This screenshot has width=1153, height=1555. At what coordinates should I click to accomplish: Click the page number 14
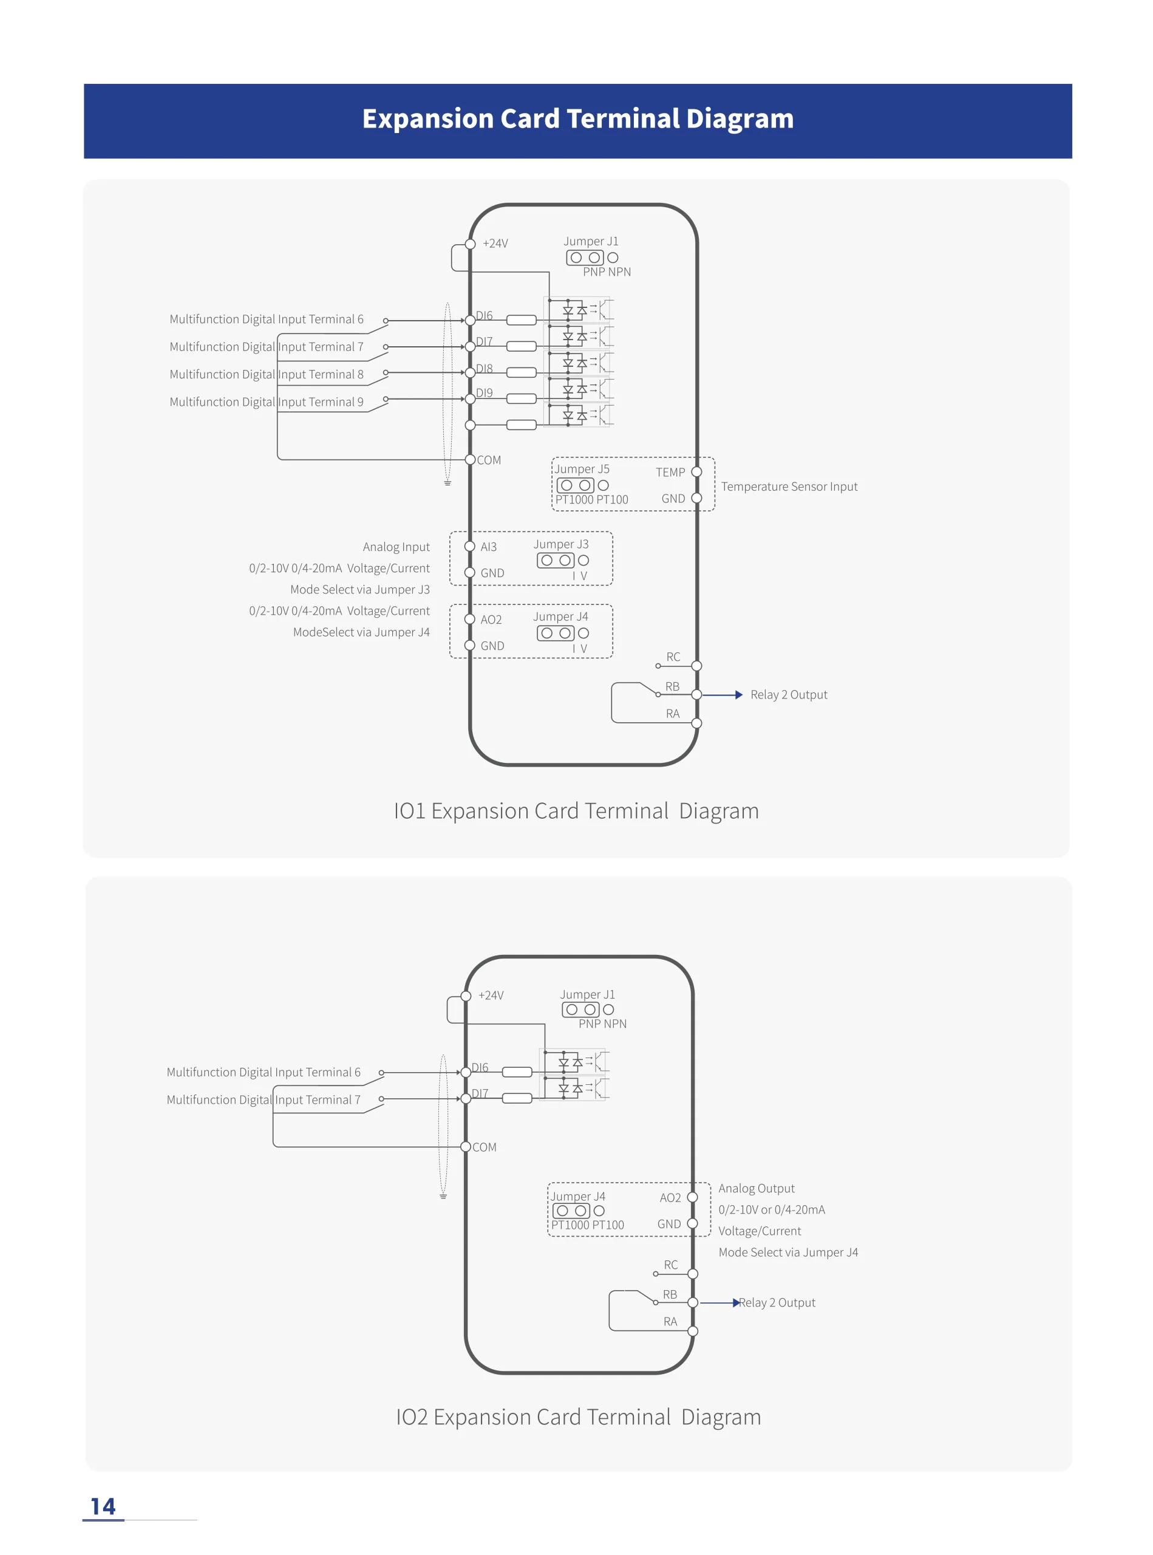tap(103, 1506)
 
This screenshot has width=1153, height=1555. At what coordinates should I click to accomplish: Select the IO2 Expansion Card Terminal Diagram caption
tap(578, 1417)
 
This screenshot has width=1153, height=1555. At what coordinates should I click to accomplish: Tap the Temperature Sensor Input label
tap(789, 487)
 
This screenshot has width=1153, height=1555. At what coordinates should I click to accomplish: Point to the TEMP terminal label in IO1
tap(670, 473)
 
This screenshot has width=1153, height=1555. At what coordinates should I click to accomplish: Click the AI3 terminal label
tap(489, 547)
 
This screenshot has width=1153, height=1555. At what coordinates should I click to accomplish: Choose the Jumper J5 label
tap(582, 469)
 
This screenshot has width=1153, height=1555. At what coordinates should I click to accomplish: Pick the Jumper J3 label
tap(561, 544)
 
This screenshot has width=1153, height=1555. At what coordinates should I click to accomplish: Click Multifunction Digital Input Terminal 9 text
tap(267, 402)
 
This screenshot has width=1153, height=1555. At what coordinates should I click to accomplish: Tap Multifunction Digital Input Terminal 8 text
tap(267, 374)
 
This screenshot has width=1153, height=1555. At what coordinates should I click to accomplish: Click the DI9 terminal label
tap(485, 393)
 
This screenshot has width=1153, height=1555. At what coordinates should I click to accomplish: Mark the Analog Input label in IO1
tap(396, 547)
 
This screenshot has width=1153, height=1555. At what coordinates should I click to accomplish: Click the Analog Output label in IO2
tap(757, 1188)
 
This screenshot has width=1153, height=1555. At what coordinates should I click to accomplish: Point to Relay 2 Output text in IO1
tap(789, 695)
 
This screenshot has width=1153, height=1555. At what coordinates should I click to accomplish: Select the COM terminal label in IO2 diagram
tap(485, 1147)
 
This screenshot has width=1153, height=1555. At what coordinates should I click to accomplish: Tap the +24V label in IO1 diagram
tap(495, 244)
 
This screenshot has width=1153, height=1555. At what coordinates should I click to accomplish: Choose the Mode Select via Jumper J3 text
tap(360, 590)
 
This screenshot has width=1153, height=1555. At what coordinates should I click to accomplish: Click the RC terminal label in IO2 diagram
tap(671, 1265)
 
